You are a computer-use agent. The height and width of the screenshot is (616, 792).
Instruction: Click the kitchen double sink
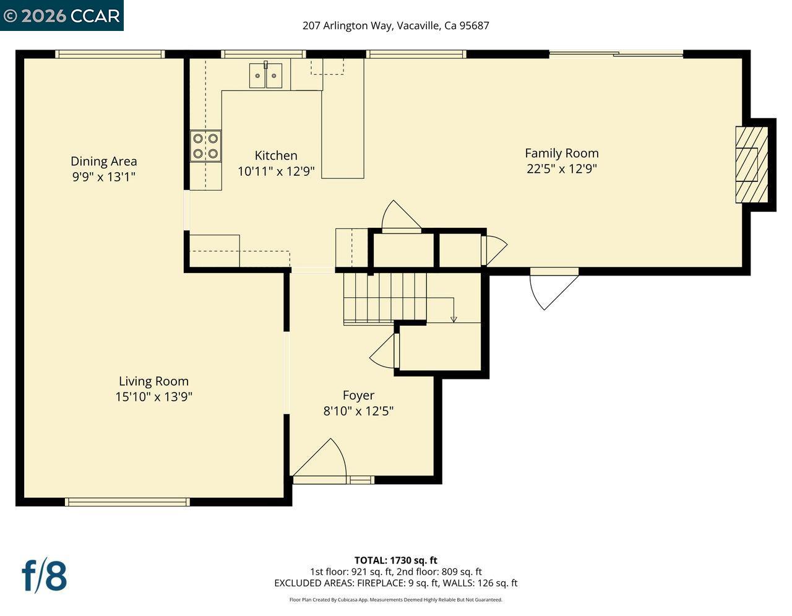(266, 76)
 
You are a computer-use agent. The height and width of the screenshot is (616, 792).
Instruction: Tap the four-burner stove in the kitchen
(205, 146)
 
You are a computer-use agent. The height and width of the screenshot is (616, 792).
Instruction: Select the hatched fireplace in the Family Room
(751, 165)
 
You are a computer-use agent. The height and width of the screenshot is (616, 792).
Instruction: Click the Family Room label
(561, 153)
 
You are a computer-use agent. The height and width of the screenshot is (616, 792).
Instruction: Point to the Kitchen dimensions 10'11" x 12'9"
(276, 171)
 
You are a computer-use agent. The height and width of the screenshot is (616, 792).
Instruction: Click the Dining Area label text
(103, 161)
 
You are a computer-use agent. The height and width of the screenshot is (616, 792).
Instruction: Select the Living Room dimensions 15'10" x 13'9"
(153, 397)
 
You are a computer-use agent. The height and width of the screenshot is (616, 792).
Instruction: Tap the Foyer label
(358, 395)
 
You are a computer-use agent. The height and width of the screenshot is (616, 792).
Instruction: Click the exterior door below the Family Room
(552, 288)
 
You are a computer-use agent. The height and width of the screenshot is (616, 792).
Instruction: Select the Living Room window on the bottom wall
(127, 502)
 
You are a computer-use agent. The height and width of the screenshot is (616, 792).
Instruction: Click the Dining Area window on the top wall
(110, 54)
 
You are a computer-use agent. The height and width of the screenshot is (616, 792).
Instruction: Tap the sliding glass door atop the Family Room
(616, 54)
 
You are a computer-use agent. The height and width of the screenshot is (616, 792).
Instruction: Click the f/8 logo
(44, 576)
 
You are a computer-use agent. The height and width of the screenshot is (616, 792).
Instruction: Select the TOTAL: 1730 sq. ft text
(395, 561)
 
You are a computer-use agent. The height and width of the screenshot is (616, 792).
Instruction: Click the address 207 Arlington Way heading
(395, 25)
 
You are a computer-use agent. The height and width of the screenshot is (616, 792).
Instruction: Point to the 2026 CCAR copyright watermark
(62, 15)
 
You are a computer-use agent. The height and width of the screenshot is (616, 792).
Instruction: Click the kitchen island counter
(342, 133)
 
